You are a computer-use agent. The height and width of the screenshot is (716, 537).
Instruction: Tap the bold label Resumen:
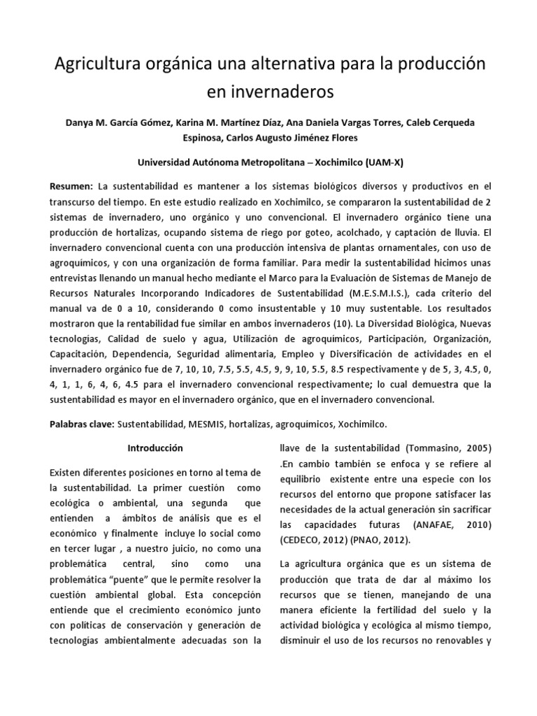click(71, 187)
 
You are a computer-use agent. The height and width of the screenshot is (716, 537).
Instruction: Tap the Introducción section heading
click(155, 447)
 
